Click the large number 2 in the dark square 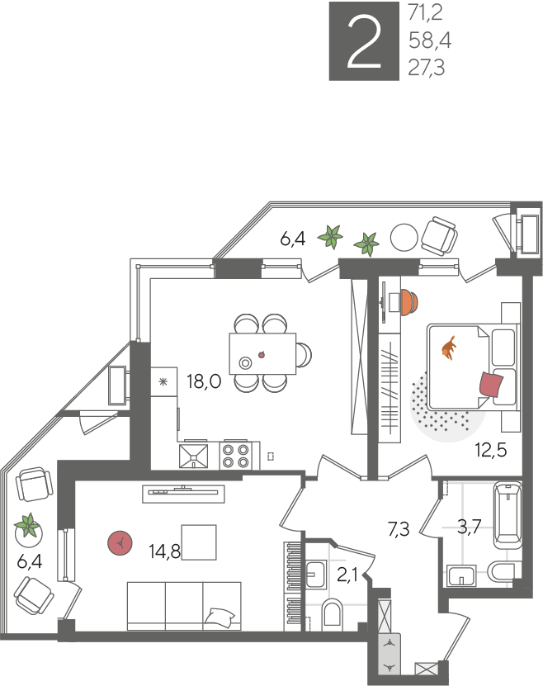(x=364, y=42)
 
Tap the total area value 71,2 (x=425, y=13)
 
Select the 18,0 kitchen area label (x=204, y=381)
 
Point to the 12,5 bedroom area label (x=491, y=450)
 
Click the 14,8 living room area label (x=165, y=551)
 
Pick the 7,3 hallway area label (x=399, y=529)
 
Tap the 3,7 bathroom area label (x=469, y=527)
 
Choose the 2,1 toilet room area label (x=347, y=575)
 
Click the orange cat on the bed (x=449, y=348)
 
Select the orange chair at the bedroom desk (x=410, y=301)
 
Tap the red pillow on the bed (x=491, y=384)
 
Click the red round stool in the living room (x=120, y=543)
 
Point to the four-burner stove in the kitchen (x=236, y=456)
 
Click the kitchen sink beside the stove (x=193, y=457)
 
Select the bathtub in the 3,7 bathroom (x=508, y=515)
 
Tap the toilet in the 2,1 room (x=333, y=615)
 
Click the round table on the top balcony (x=404, y=238)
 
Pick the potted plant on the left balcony (x=28, y=528)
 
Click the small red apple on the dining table (x=262, y=355)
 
